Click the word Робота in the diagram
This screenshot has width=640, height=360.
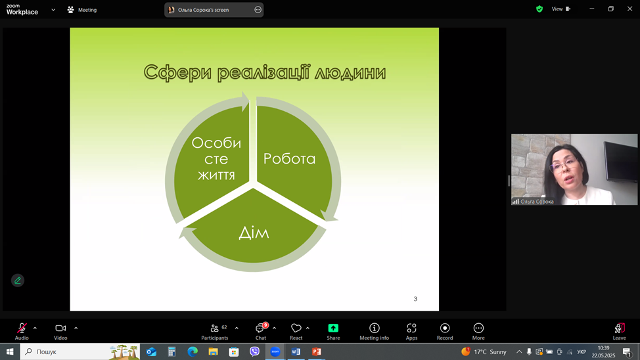coord(289,159)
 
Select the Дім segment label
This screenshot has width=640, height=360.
coord(254,233)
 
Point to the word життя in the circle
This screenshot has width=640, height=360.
coord(216,175)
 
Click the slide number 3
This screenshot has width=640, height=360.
coord(415,299)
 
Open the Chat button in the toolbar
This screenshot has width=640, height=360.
coord(260,332)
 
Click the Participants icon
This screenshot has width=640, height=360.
coord(214,328)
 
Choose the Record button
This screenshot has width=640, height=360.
coord(445,332)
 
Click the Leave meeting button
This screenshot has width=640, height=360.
coord(619,332)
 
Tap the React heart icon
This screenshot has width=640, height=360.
coord(296,328)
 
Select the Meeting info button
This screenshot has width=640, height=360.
coord(374,332)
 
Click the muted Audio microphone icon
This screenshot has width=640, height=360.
coord(22,328)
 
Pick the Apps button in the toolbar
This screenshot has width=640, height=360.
coord(411,332)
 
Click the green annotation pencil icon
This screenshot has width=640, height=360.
coord(18,281)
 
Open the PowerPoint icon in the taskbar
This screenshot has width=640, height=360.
coord(316,351)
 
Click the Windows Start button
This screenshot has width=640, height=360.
coord(10,351)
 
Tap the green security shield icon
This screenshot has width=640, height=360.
coord(539,9)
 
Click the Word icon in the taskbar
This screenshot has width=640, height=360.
coord(296,351)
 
